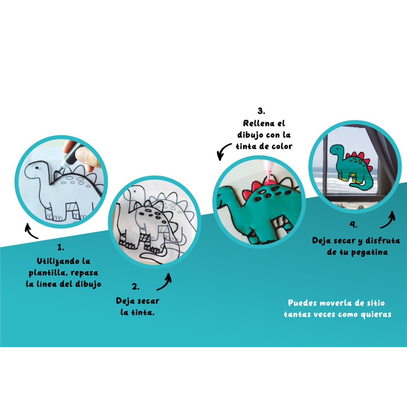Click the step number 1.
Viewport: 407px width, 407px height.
coord(61,248)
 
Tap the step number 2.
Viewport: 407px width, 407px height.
coord(136,287)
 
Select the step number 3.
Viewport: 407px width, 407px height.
coord(262,111)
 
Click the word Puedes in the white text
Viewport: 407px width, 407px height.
coord(302,303)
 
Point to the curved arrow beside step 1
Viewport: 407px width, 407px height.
coord(31,231)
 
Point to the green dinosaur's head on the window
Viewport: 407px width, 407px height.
coord(337,150)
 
